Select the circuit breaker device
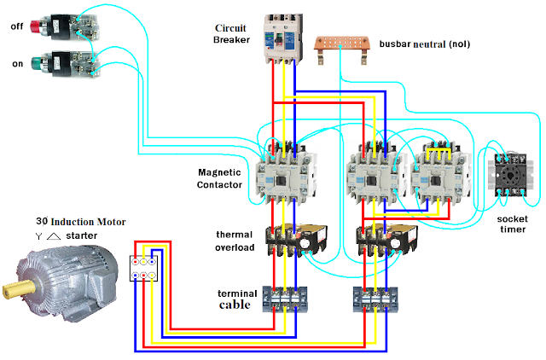(282, 39)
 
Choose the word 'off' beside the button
(17, 26)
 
